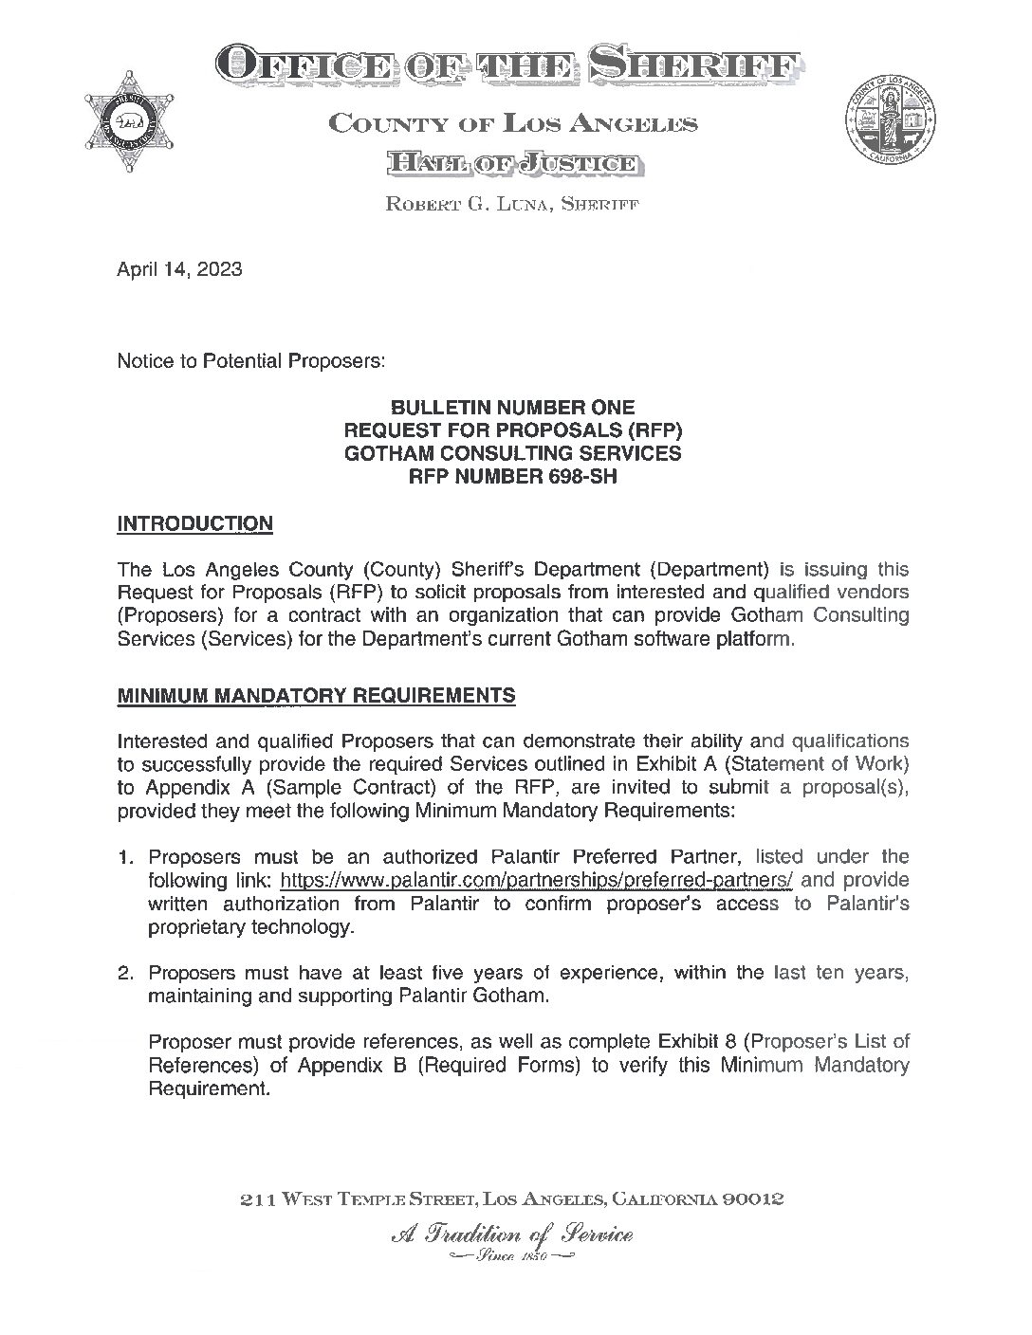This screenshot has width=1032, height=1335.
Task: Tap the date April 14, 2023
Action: point(179,269)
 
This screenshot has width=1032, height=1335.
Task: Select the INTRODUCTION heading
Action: point(194,523)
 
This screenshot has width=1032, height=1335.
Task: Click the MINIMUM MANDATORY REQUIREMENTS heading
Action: point(316,696)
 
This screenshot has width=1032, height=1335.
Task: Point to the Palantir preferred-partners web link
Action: point(537,880)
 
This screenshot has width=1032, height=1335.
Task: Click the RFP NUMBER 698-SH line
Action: point(511,477)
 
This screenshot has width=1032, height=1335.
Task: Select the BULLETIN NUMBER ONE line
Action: point(513,409)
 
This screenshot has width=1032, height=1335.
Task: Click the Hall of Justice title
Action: point(512,165)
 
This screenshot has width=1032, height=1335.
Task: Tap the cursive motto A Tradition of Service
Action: point(511,1234)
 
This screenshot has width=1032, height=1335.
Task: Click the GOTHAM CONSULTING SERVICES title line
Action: point(512,454)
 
